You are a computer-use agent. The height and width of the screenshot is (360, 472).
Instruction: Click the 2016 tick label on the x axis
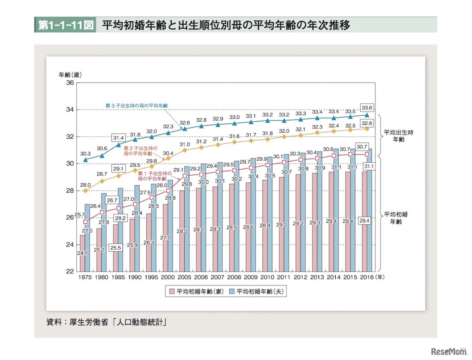coord(367,277)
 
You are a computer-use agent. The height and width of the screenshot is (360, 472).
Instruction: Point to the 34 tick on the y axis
coord(70,110)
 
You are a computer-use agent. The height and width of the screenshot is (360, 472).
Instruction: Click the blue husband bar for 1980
coord(104,232)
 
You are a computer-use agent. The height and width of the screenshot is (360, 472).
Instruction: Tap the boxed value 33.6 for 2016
coord(367,108)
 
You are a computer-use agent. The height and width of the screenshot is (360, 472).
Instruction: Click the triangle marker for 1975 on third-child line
coord(86,160)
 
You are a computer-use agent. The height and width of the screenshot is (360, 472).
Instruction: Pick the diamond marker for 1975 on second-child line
coord(86,191)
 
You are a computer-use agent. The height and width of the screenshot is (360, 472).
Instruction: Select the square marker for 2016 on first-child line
coord(367,154)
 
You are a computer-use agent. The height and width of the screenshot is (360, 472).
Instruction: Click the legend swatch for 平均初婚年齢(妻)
coord(171,291)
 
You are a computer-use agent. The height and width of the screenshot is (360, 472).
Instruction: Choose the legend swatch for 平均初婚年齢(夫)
coord(232,291)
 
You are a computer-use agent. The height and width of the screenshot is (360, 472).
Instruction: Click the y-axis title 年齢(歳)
coord(70,75)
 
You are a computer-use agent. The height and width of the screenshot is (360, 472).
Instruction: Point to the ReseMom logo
coord(448,351)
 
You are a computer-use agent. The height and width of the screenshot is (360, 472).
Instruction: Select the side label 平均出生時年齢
coord(399,136)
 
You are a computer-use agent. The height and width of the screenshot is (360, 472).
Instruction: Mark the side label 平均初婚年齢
coord(396,218)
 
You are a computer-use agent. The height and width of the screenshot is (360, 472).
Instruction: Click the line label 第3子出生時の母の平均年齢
coord(136,106)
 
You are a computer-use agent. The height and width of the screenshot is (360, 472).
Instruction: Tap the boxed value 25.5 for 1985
coord(116,248)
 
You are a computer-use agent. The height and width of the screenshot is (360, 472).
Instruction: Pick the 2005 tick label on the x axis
coord(184,277)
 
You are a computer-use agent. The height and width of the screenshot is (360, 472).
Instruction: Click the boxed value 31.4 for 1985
coord(118,138)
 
